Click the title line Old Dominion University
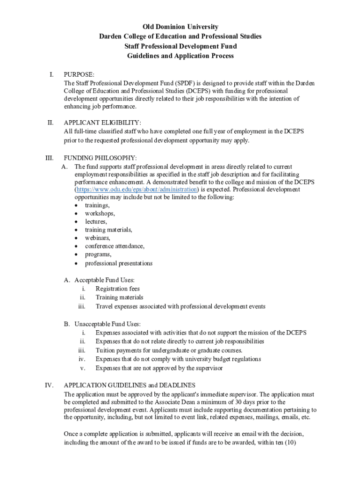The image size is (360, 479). click(180, 27)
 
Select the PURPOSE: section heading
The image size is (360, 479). click(79, 74)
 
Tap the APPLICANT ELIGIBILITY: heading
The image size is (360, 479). click(102, 123)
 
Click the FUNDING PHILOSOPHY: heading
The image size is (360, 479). click(100, 158)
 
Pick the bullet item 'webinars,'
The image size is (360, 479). click(98, 238)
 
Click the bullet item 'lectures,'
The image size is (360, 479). click(96, 221)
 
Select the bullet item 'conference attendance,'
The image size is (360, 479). click(115, 246)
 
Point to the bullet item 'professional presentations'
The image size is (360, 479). click(119, 263)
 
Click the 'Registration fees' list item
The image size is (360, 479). click(118, 289)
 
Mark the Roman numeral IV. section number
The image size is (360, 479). click(49, 385)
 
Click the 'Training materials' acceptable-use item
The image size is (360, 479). click(119, 298)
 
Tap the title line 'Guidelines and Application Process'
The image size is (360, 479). click(180, 56)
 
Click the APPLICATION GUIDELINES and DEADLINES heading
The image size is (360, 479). click(130, 385)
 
